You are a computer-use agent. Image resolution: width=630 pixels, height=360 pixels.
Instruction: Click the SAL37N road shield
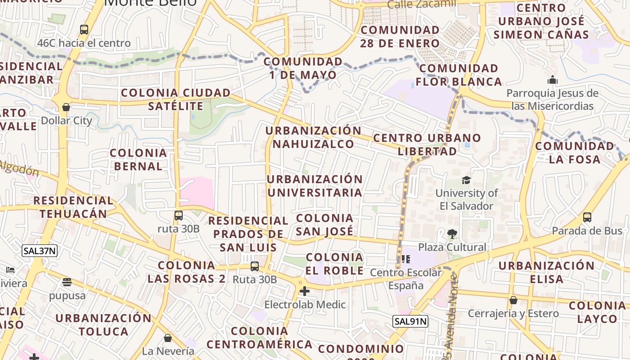tap(40, 251)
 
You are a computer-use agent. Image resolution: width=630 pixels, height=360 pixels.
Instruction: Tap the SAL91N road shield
tap(410, 321)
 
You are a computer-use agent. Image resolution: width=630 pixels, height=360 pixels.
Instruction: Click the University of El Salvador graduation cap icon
tap(466, 180)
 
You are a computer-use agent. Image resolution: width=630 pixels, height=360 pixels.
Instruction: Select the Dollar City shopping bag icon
tap(66, 107)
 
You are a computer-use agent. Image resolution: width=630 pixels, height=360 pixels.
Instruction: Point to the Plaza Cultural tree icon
tap(452, 234)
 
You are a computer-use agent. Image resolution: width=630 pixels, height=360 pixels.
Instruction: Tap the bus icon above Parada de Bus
tap(587, 217)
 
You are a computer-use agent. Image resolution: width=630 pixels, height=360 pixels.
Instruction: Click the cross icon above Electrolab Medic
tap(305, 291)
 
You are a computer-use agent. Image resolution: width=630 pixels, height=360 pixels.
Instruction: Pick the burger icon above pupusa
tap(67, 283)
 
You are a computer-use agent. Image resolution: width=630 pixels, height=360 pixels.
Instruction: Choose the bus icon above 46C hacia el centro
tap(84, 30)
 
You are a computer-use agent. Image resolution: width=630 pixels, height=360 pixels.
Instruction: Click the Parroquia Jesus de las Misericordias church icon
tap(552, 81)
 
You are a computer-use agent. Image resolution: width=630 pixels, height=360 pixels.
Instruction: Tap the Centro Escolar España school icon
tap(406, 259)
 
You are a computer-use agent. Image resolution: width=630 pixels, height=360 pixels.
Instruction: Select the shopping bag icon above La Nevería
tap(168, 337)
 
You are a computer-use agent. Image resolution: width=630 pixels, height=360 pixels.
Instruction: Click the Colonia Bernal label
tap(138, 159)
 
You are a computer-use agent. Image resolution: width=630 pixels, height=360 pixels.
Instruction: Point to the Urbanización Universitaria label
tap(315, 185)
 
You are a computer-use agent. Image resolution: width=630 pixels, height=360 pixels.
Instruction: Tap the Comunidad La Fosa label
tap(574, 153)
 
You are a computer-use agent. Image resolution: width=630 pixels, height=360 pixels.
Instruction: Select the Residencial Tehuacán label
tap(73, 207)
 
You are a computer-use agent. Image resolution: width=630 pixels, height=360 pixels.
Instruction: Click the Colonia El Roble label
tap(334, 264)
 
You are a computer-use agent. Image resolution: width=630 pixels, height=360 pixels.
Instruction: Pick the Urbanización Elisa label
tap(546, 272)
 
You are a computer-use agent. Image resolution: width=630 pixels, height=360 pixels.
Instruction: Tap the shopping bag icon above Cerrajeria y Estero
tap(513, 300)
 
